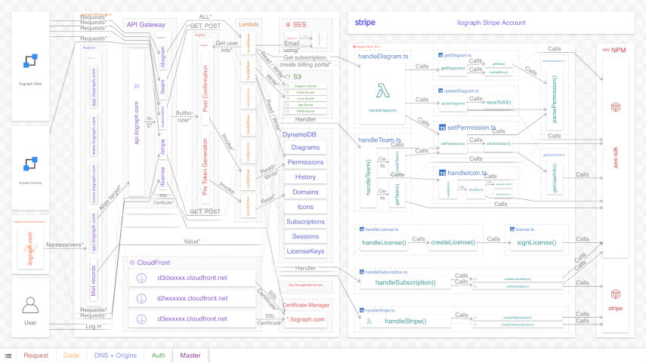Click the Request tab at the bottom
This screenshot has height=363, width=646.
coord(36,355)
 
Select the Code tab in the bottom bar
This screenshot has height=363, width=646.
coord(71,355)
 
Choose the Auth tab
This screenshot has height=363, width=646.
coord(158,355)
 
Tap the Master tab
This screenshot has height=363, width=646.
coord(190,355)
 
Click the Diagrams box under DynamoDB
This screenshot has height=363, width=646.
coord(305,148)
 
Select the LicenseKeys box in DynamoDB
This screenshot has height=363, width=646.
coord(305,251)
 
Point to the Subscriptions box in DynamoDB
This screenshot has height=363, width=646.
coord(305,222)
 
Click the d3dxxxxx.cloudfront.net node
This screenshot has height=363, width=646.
coord(192,278)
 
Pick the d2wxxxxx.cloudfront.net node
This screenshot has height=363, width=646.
coord(192,298)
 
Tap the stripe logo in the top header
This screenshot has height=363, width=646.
coord(365,23)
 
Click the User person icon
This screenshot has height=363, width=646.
coord(30,305)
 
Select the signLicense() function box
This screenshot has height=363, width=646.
coord(536,242)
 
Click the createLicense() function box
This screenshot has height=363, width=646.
coord(453,242)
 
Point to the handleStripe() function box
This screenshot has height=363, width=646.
coord(406,321)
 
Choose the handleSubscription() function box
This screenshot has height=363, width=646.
coord(406,282)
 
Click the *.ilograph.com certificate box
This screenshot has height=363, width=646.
coord(305,319)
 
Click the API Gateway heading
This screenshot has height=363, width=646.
coord(145,24)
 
